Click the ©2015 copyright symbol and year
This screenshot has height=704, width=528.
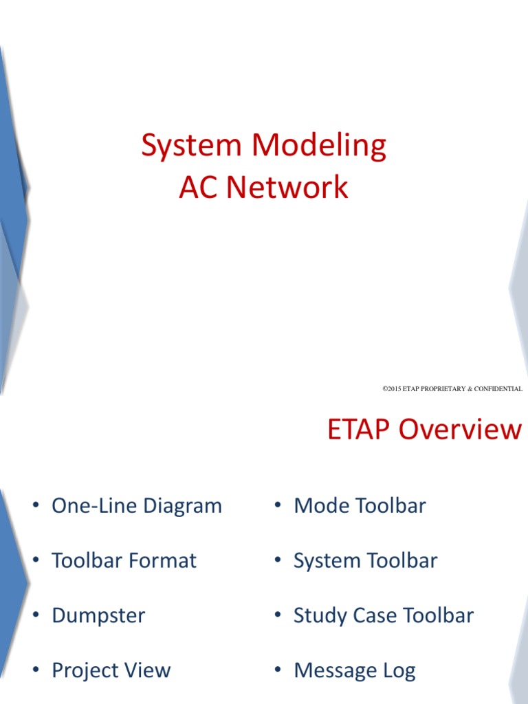(x=392, y=389)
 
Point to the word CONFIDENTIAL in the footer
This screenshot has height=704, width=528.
(x=496, y=389)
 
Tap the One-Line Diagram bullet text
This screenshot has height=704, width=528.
(x=137, y=506)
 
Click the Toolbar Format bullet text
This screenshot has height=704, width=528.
(x=124, y=560)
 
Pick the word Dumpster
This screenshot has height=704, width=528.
(x=98, y=615)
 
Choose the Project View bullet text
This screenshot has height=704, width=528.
(x=111, y=670)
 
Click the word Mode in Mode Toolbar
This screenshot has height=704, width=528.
(x=317, y=506)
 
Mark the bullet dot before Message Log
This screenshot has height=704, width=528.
(x=278, y=670)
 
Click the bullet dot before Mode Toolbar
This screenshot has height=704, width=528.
(x=278, y=506)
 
